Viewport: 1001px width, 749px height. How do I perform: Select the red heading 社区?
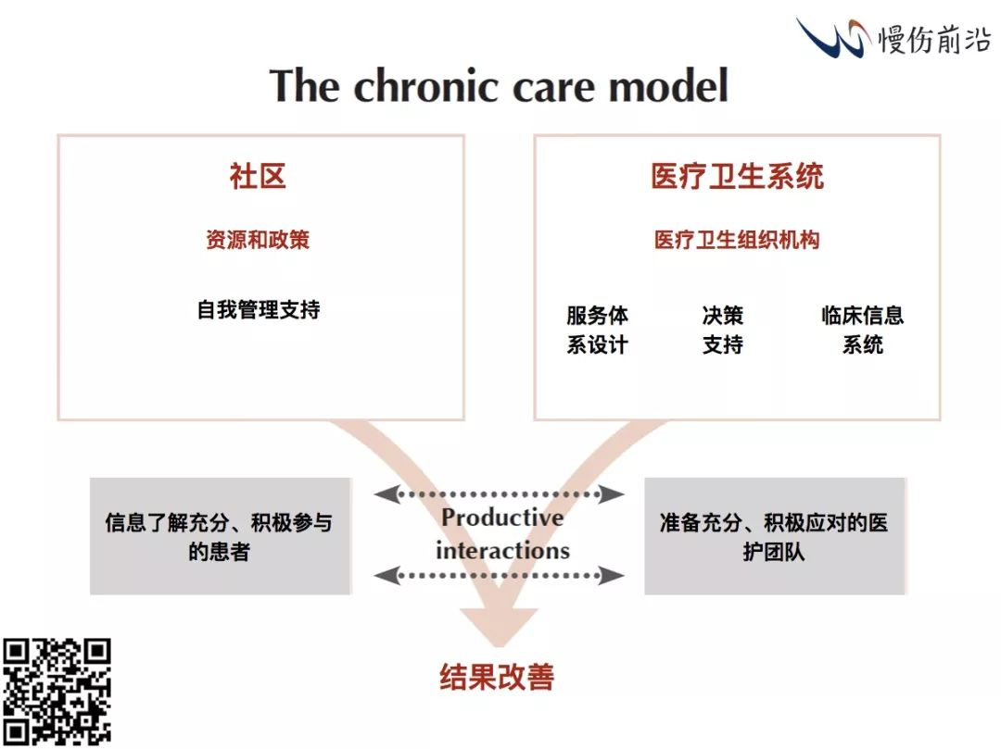tap(258, 176)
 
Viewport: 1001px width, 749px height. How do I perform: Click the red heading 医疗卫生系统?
tap(737, 176)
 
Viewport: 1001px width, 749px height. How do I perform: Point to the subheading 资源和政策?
tap(258, 240)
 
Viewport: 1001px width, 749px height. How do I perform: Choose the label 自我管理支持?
tap(258, 309)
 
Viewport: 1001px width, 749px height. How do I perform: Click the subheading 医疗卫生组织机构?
tap(737, 240)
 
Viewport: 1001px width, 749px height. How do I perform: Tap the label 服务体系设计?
tap(597, 330)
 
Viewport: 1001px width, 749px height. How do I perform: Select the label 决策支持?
tap(723, 330)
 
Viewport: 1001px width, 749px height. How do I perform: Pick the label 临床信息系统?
tap(862, 330)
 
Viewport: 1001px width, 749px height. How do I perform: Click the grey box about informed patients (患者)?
tap(220, 536)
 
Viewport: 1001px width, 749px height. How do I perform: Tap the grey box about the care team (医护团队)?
tap(774, 536)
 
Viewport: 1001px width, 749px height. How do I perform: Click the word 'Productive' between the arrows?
tap(501, 518)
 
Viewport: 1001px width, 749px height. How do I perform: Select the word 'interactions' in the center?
tap(502, 550)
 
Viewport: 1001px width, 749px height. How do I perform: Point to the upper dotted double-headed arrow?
tap(499, 493)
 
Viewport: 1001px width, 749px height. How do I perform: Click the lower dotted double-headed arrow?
tap(499, 576)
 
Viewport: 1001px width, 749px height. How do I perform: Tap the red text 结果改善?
tap(497, 677)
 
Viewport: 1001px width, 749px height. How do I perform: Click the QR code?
tap(57, 692)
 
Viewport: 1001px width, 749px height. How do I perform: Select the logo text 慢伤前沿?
tap(934, 38)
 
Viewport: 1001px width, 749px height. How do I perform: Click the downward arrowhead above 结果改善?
tap(500, 630)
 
